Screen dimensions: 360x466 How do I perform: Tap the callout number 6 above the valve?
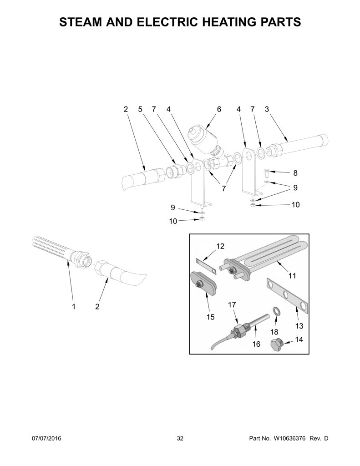click(219, 109)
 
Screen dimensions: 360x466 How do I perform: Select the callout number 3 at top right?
click(267, 109)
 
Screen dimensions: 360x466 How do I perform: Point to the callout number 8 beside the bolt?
click(295, 172)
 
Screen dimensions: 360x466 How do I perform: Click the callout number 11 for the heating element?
click(292, 275)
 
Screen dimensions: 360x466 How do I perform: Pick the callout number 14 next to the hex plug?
click(299, 339)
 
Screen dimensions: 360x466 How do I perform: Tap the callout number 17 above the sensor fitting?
click(232, 304)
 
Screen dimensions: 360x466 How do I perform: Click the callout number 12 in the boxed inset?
click(220, 246)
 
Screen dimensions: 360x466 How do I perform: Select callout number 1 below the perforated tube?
click(73, 306)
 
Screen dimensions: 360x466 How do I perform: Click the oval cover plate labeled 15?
click(203, 281)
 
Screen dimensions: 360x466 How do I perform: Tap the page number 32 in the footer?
click(180, 438)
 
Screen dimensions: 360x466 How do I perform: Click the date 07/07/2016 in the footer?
click(46, 438)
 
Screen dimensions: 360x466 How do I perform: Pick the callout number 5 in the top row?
click(140, 109)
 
